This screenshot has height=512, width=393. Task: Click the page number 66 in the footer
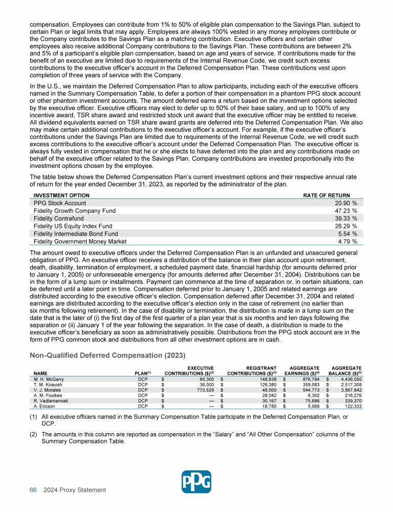[33, 490]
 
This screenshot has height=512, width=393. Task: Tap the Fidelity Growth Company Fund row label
[75, 211]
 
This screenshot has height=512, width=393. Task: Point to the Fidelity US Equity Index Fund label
[73, 226]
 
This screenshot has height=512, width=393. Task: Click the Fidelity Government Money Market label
[80, 242]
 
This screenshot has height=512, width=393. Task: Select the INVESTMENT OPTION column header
[61, 196]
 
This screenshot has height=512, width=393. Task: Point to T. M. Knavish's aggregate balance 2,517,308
[350, 386]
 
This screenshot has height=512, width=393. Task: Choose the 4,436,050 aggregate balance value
[350, 379]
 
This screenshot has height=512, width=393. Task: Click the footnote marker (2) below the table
[34, 434]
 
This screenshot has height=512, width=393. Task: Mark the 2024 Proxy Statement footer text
[75, 490]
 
